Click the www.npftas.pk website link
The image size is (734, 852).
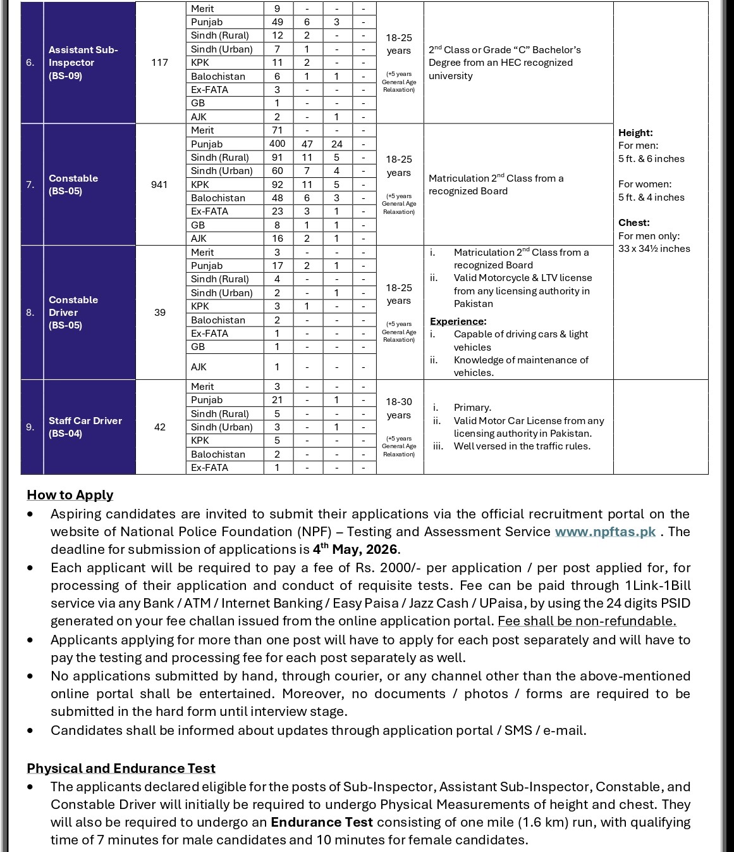tap(605, 532)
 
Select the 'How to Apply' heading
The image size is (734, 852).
tap(70, 495)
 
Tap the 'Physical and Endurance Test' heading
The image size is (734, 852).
tap(121, 768)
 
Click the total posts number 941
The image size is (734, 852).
tap(159, 184)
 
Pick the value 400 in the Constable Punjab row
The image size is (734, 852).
tap(278, 144)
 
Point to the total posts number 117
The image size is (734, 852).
tap(159, 62)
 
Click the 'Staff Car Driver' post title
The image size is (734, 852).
tap(85, 421)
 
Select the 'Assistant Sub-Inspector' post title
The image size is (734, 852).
tap(83, 56)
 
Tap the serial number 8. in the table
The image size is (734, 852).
tap(30, 312)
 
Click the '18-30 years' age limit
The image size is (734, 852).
tap(399, 408)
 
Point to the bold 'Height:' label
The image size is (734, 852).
tap(635, 133)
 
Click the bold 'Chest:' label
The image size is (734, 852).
tap(633, 223)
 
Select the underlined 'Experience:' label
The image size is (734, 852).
tap(458, 322)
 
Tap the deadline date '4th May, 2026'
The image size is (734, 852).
tap(355, 549)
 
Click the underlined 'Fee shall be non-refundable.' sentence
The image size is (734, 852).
tap(587, 621)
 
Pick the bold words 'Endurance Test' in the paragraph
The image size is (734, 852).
tap(321, 822)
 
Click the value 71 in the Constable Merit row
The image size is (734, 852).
tap(278, 130)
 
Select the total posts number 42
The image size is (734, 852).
tap(159, 427)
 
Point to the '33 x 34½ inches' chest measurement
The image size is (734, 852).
tap(654, 249)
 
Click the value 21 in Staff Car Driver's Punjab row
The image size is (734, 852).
tap(278, 400)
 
